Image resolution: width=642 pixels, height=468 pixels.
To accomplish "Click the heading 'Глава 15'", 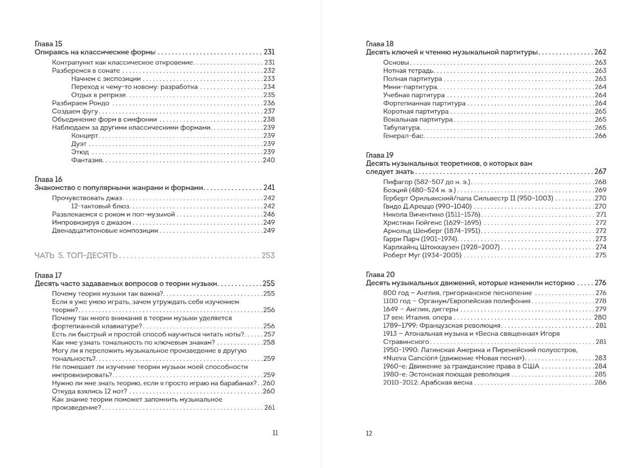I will point(48,44).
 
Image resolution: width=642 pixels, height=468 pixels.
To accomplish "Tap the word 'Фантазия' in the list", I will point(87,160).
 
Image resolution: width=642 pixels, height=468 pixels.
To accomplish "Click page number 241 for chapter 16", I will point(269,188).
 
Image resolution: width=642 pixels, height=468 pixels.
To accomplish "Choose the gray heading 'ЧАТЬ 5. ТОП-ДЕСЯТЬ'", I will point(76,255).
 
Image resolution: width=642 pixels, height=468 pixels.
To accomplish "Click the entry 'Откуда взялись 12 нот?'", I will point(89,391).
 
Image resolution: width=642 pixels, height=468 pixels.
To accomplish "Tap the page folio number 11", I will point(275,433).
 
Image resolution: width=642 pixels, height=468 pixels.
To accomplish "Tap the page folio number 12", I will point(369,433).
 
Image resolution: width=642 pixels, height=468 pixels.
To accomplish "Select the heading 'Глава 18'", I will point(379,44).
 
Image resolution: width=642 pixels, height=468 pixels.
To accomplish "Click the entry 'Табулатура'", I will point(402,128).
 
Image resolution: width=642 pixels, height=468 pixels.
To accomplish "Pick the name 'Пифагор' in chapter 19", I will point(397,182).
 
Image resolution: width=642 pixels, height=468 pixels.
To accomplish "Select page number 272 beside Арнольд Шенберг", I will point(601,231).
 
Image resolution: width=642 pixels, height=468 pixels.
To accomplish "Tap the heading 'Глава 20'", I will point(380,274).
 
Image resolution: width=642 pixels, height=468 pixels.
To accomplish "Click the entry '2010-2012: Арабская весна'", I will point(428,383).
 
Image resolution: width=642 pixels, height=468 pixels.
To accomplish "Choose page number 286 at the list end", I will point(600,383).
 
